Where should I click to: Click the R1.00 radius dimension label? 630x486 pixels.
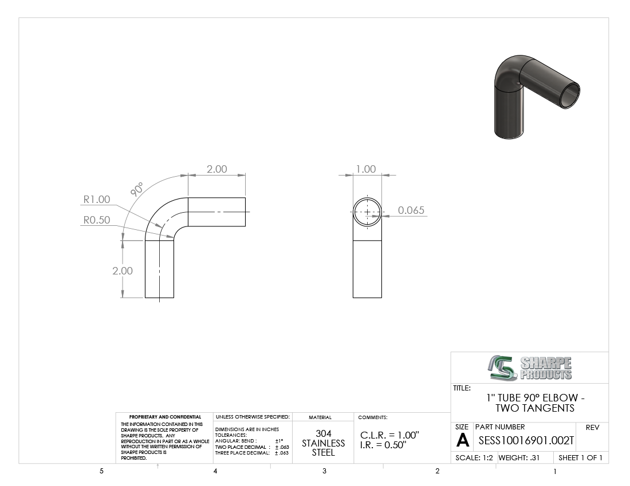(x=96, y=200)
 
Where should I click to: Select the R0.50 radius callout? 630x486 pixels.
(x=96, y=220)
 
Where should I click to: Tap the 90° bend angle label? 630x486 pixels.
(x=137, y=189)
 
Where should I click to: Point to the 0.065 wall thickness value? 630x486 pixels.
(x=411, y=210)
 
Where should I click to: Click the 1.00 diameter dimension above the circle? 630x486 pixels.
(x=365, y=169)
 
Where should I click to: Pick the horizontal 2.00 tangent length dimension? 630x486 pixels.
(x=217, y=169)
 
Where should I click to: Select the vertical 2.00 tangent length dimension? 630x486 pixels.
(x=123, y=270)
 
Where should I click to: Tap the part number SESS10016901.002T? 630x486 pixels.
(x=526, y=441)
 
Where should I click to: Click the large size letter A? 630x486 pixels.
(x=463, y=440)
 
